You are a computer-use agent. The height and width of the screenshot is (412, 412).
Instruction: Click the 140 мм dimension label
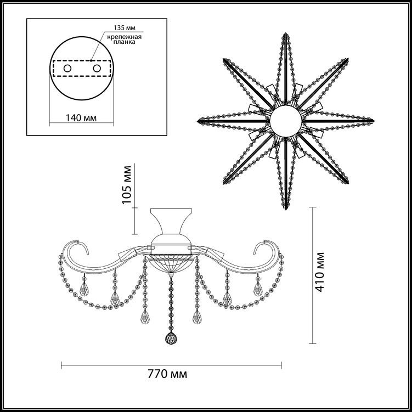click(81, 118)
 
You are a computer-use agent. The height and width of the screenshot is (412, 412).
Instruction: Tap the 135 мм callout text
click(125, 28)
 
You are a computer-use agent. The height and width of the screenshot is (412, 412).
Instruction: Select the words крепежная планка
click(124, 39)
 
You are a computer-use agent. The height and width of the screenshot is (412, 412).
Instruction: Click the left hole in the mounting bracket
click(67, 69)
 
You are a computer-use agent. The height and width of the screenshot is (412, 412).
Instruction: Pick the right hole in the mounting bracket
click(97, 69)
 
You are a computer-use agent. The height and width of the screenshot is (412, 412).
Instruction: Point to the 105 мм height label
click(127, 185)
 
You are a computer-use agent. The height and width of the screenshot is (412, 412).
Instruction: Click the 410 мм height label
click(320, 272)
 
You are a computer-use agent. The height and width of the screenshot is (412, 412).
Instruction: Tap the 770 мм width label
click(167, 374)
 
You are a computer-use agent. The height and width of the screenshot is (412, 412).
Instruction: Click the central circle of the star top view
click(286, 121)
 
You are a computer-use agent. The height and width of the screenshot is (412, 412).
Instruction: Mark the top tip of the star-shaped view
click(286, 33)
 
